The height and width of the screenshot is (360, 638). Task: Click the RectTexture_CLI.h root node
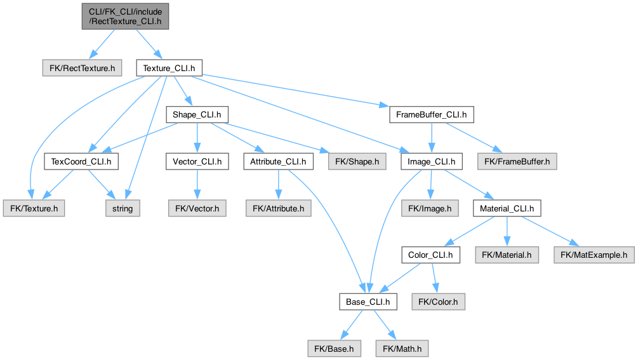point(126,17)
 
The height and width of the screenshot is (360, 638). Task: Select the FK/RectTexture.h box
point(81,67)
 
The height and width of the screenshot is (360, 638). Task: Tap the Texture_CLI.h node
point(169,67)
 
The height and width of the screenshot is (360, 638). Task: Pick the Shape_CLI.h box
point(197,115)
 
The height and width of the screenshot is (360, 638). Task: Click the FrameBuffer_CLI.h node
point(431,115)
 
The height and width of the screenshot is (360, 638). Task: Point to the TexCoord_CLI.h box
point(81,162)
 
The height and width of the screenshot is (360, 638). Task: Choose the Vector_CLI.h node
point(197,162)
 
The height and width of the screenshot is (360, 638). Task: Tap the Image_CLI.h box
point(432,162)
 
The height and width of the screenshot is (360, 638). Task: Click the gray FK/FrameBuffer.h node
point(517,162)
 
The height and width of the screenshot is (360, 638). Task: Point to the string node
point(123,208)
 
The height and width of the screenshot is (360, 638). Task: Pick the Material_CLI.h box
point(507,208)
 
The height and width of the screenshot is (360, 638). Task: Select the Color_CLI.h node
point(430,255)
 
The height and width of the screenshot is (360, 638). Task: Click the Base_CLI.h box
point(368,302)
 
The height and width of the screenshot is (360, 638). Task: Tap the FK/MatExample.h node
point(594,255)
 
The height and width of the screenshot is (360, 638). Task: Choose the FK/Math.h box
point(402,349)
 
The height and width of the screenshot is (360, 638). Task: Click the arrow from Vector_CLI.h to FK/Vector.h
point(197,184)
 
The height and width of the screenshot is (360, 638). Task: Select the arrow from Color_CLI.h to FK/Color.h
point(434,277)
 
